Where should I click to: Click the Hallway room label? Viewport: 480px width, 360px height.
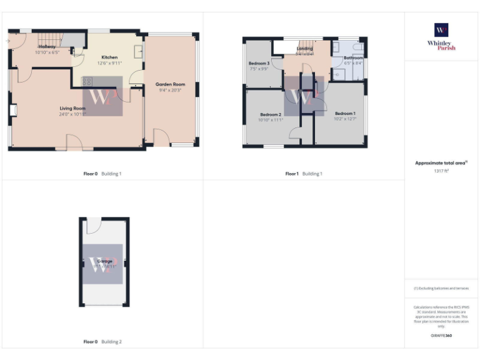coord(47,47)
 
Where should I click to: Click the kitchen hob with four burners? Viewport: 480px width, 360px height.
coord(87,81)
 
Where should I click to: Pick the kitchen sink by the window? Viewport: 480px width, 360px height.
coord(137,51)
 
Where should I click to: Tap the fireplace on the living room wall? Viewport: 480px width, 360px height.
coord(13,111)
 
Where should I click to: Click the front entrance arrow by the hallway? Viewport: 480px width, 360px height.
coord(7,41)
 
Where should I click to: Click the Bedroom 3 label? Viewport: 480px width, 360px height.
coord(259,64)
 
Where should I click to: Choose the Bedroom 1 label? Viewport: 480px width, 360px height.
coord(344,113)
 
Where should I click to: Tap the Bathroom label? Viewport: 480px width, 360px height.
coord(353,58)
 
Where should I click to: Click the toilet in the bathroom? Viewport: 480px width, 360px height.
coord(357,48)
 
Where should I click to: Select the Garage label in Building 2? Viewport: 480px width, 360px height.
coord(104,261)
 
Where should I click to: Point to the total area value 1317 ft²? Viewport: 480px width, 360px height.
coord(441,171)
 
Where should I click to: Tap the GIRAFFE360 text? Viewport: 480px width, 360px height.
coord(441,336)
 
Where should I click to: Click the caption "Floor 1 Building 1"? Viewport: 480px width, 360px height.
coord(304,174)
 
